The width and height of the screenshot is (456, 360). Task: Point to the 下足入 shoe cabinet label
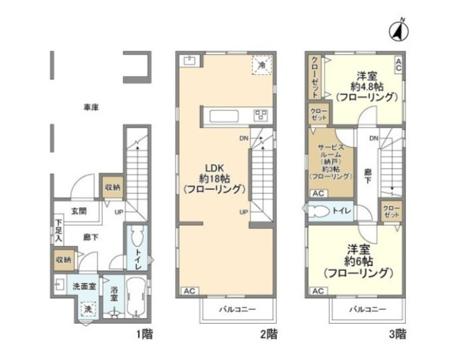pos(59,230)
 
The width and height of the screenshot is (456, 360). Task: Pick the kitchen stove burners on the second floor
pos(261,115)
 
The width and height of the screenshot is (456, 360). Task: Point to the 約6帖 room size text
pos(358,261)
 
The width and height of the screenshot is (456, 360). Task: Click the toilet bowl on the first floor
pos(136,240)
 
